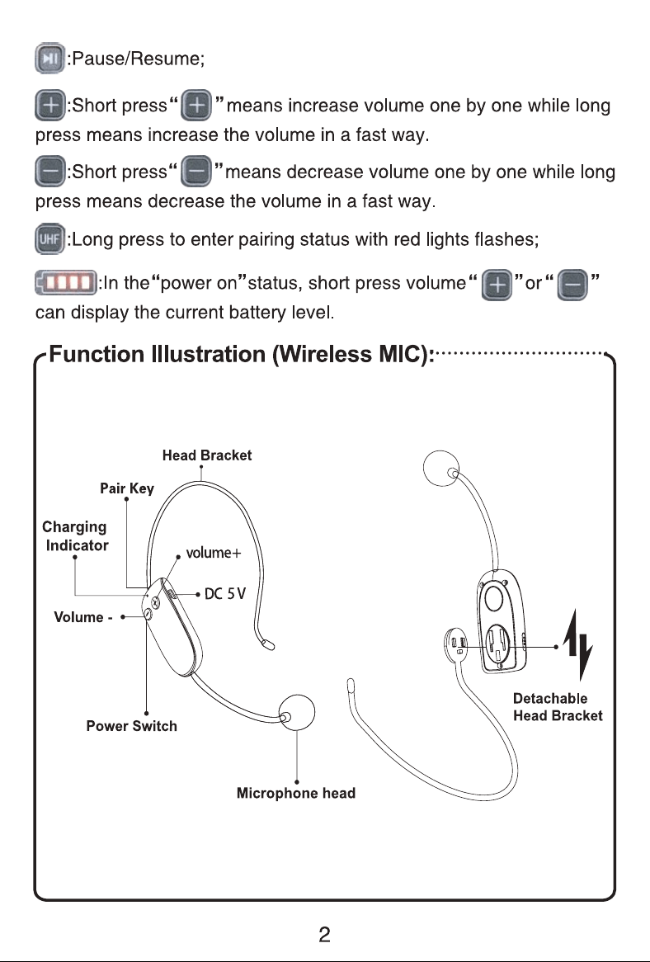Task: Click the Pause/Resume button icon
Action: coord(49,59)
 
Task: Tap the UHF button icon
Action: coord(49,238)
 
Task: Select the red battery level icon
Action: coord(66,283)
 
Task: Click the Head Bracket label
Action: coord(207,455)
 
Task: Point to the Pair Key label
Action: coord(127,488)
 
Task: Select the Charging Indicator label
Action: coord(75,536)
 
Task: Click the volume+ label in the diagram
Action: coord(214,553)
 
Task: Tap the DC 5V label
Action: coord(225,594)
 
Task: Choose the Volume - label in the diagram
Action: coord(82,617)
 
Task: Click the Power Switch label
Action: coord(132,726)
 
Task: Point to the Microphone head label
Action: coord(296,794)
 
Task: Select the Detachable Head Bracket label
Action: coord(558,707)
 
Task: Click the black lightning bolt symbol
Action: coord(577,645)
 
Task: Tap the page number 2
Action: coord(324,935)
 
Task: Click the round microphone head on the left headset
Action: coord(297,713)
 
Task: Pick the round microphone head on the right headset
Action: coord(441,468)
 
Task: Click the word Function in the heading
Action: coord(97,354)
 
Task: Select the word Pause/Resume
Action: coord(135,59)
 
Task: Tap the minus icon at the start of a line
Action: coord(49,172)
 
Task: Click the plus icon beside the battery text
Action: coord(497,285)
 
